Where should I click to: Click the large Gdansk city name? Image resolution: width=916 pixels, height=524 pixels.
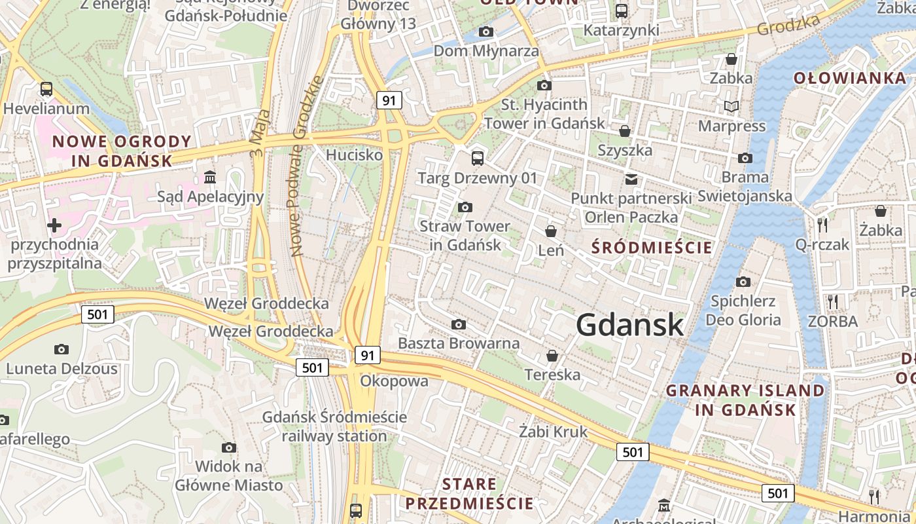click(630, 325)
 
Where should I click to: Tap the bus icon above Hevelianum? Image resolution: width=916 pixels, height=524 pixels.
click(46, 89)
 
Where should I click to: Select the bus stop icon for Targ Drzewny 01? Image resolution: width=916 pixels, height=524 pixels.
click(478, 158)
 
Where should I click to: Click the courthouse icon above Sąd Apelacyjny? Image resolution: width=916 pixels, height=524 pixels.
click(210, 178)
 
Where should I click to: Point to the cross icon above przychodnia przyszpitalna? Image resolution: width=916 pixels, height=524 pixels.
click(54, 226)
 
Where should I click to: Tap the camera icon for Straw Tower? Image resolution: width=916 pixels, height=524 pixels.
click(465, 208)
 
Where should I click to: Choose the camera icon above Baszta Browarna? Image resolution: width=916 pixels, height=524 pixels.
click(459, 325)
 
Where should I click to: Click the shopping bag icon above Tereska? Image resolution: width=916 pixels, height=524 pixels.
click(552, 356)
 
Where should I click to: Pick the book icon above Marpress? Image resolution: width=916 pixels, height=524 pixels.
click(731, 107)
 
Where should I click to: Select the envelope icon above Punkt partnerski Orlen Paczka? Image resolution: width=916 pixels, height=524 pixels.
click(631, 179)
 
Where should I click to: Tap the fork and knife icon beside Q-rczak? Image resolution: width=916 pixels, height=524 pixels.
click(822, 225)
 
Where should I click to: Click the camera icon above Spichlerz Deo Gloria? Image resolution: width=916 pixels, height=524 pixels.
click(743, 282)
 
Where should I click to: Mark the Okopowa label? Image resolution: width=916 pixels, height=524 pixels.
click(395, 381)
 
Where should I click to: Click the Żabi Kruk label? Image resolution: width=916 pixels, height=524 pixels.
click(554, 432)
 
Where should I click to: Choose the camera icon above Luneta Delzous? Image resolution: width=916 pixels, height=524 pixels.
click(62, 350)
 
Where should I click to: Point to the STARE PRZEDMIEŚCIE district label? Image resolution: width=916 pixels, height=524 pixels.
click(469, 494)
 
